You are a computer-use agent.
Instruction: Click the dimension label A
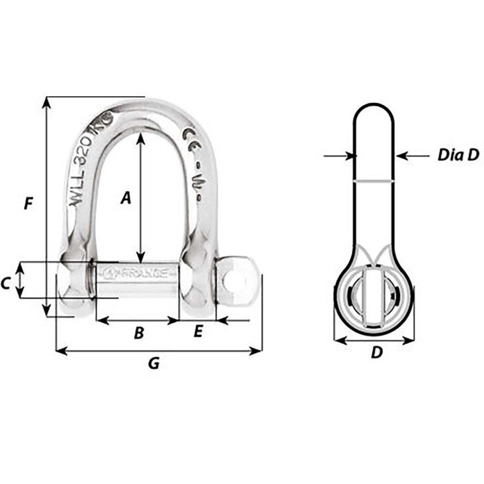126,197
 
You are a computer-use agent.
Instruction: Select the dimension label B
138,333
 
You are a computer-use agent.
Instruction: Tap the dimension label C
6,283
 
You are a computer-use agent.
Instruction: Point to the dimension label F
27,204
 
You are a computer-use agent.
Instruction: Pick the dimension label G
153,364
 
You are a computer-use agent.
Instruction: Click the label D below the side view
376,354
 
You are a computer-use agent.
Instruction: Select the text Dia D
458,155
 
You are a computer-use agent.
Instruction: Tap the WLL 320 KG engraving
93,164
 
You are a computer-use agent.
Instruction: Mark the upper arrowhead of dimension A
140,138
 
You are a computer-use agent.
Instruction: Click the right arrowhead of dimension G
259,350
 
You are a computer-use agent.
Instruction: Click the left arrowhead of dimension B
100,320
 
